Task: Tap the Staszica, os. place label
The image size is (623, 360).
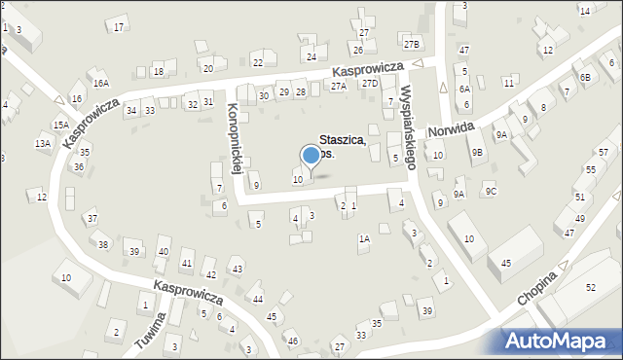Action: (x=342, y=147)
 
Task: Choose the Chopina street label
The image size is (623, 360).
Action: (x=537, y=289)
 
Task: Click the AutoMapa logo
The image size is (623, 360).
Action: (x=560, y=341)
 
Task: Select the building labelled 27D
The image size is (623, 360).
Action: (x=370, y=84)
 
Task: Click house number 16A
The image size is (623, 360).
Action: (x=101, y=84)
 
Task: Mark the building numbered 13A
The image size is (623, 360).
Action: (x=43, y=144)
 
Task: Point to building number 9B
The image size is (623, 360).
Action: (x=477, y=152)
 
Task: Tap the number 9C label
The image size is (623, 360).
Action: (x=492, y=191)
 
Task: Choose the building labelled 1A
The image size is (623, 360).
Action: (x=364, y=238)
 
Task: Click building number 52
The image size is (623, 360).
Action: (x=590, y=288)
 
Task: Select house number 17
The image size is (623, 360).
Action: (x=119, y=26)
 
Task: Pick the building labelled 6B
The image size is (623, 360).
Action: (x=585, y=77)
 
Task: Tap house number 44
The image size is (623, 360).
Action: (x=257, y=299)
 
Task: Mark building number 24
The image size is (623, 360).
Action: (x=311, y=57)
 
